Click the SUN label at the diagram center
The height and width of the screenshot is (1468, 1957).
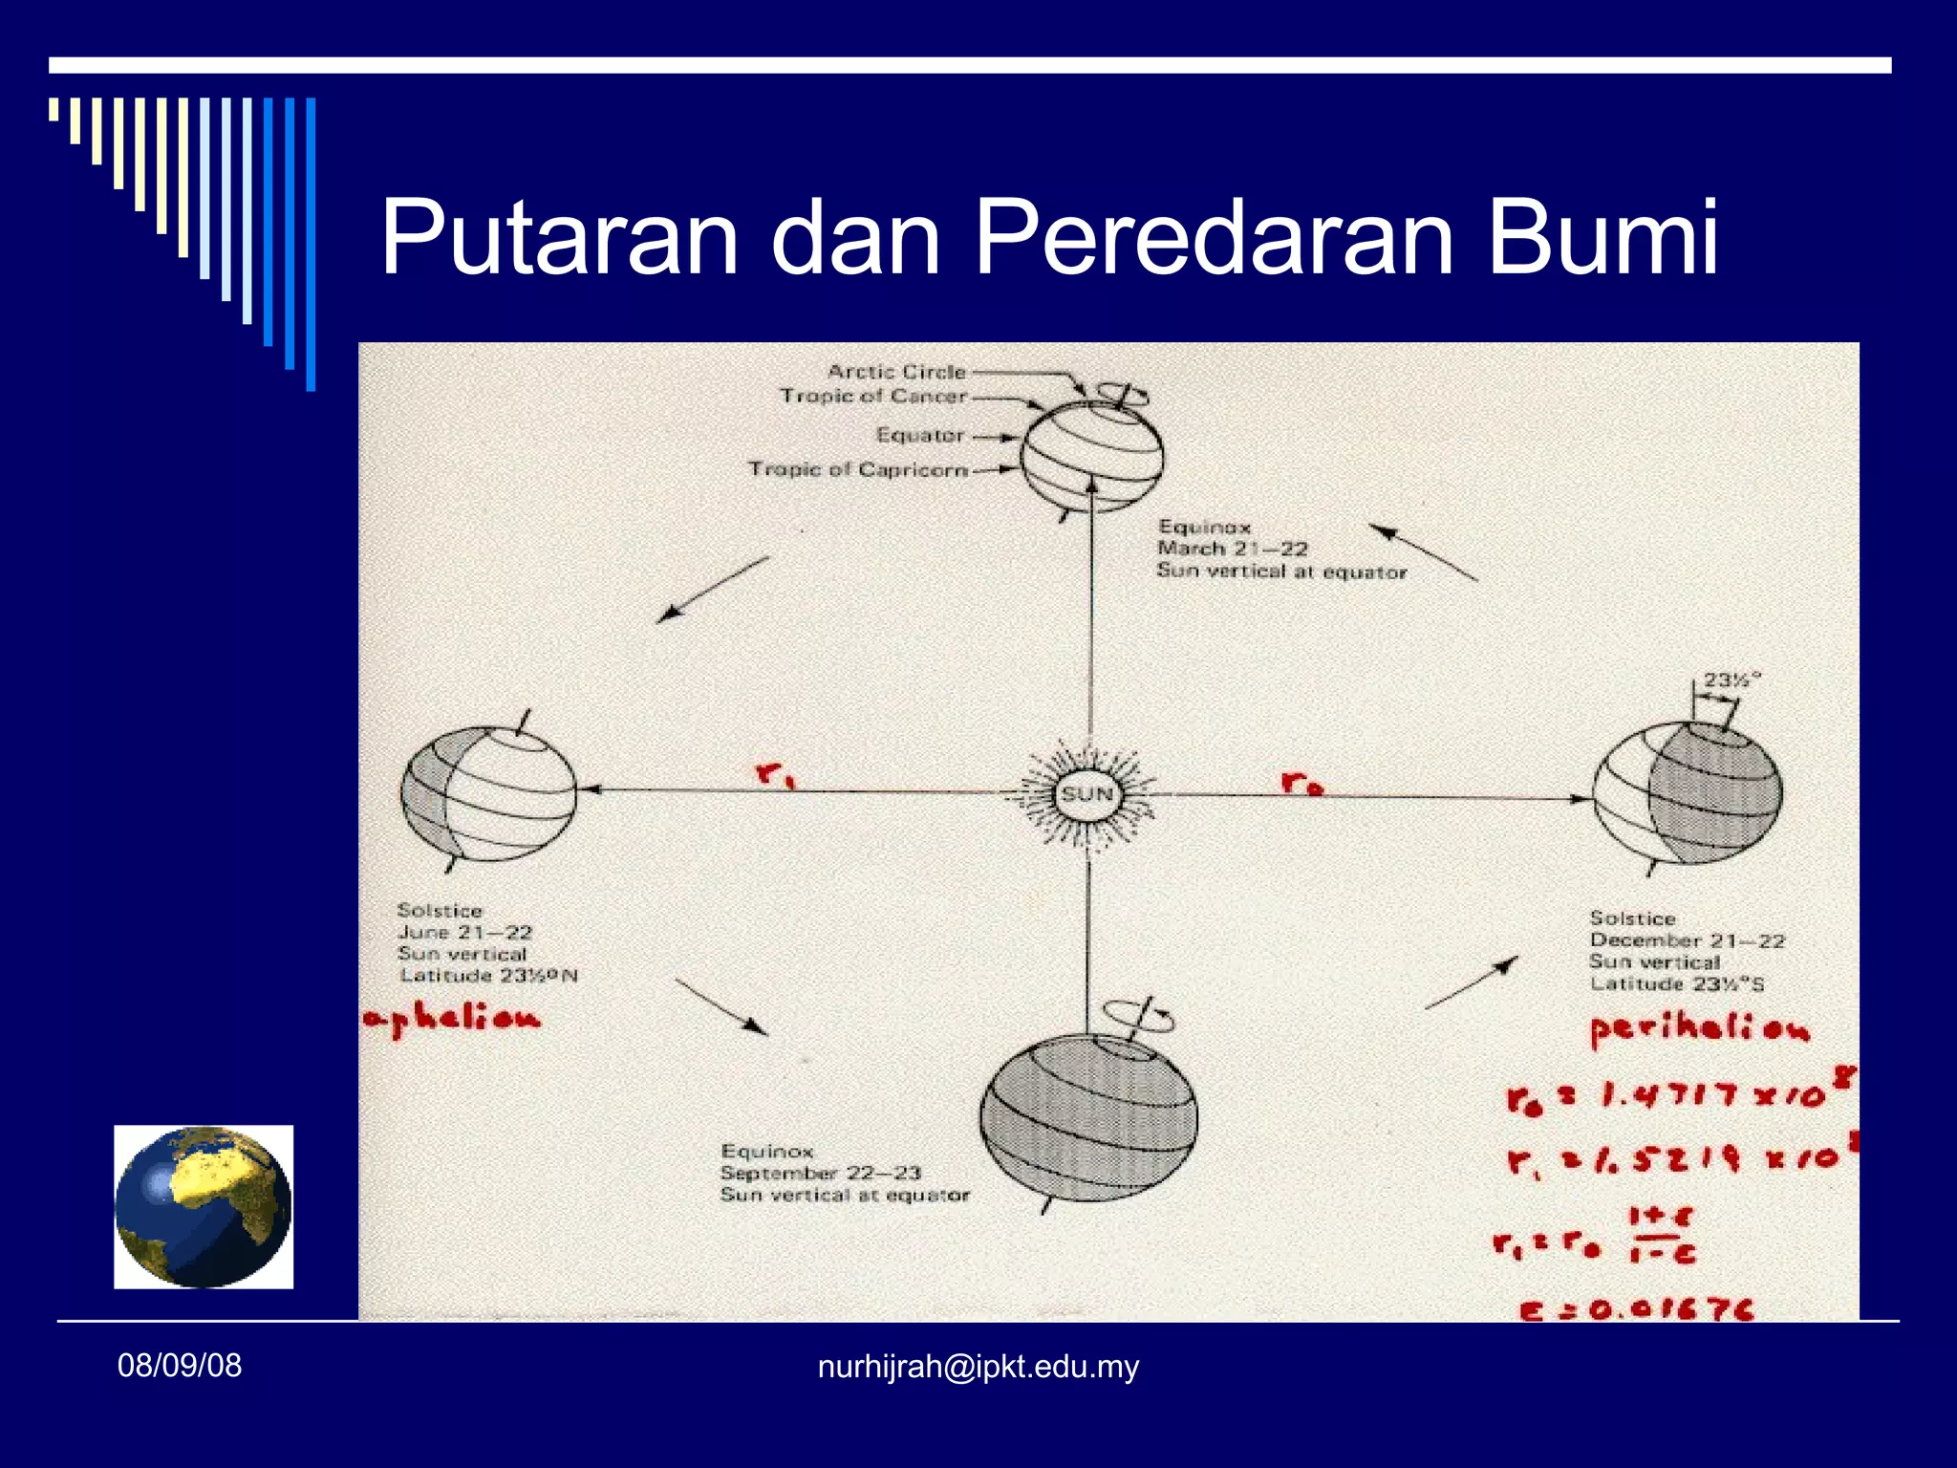click(1087, 794)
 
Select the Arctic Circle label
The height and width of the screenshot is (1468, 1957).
click(896, 372)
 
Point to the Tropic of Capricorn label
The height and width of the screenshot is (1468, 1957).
click(858, 469)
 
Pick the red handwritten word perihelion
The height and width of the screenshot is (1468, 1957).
click(1699, 1029)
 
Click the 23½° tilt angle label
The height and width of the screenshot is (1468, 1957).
click(1731, 680)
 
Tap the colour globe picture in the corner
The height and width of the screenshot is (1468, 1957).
click(204, 1206)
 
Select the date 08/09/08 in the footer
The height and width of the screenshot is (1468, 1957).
click(180, 1366)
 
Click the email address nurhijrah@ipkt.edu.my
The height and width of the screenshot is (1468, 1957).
click(978, 1367)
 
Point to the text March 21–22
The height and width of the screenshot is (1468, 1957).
click(1232, 549)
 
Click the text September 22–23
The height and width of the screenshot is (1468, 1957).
click(820, 1173)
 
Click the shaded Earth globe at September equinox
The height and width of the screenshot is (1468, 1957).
click(1088, 1117)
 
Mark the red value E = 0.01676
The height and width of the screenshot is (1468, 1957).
click(1637, 1308)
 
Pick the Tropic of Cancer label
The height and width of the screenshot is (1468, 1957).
click(873, 396)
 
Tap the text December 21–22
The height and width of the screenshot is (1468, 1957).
click(1687, 940)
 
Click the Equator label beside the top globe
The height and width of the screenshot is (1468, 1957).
click(919, 435)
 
